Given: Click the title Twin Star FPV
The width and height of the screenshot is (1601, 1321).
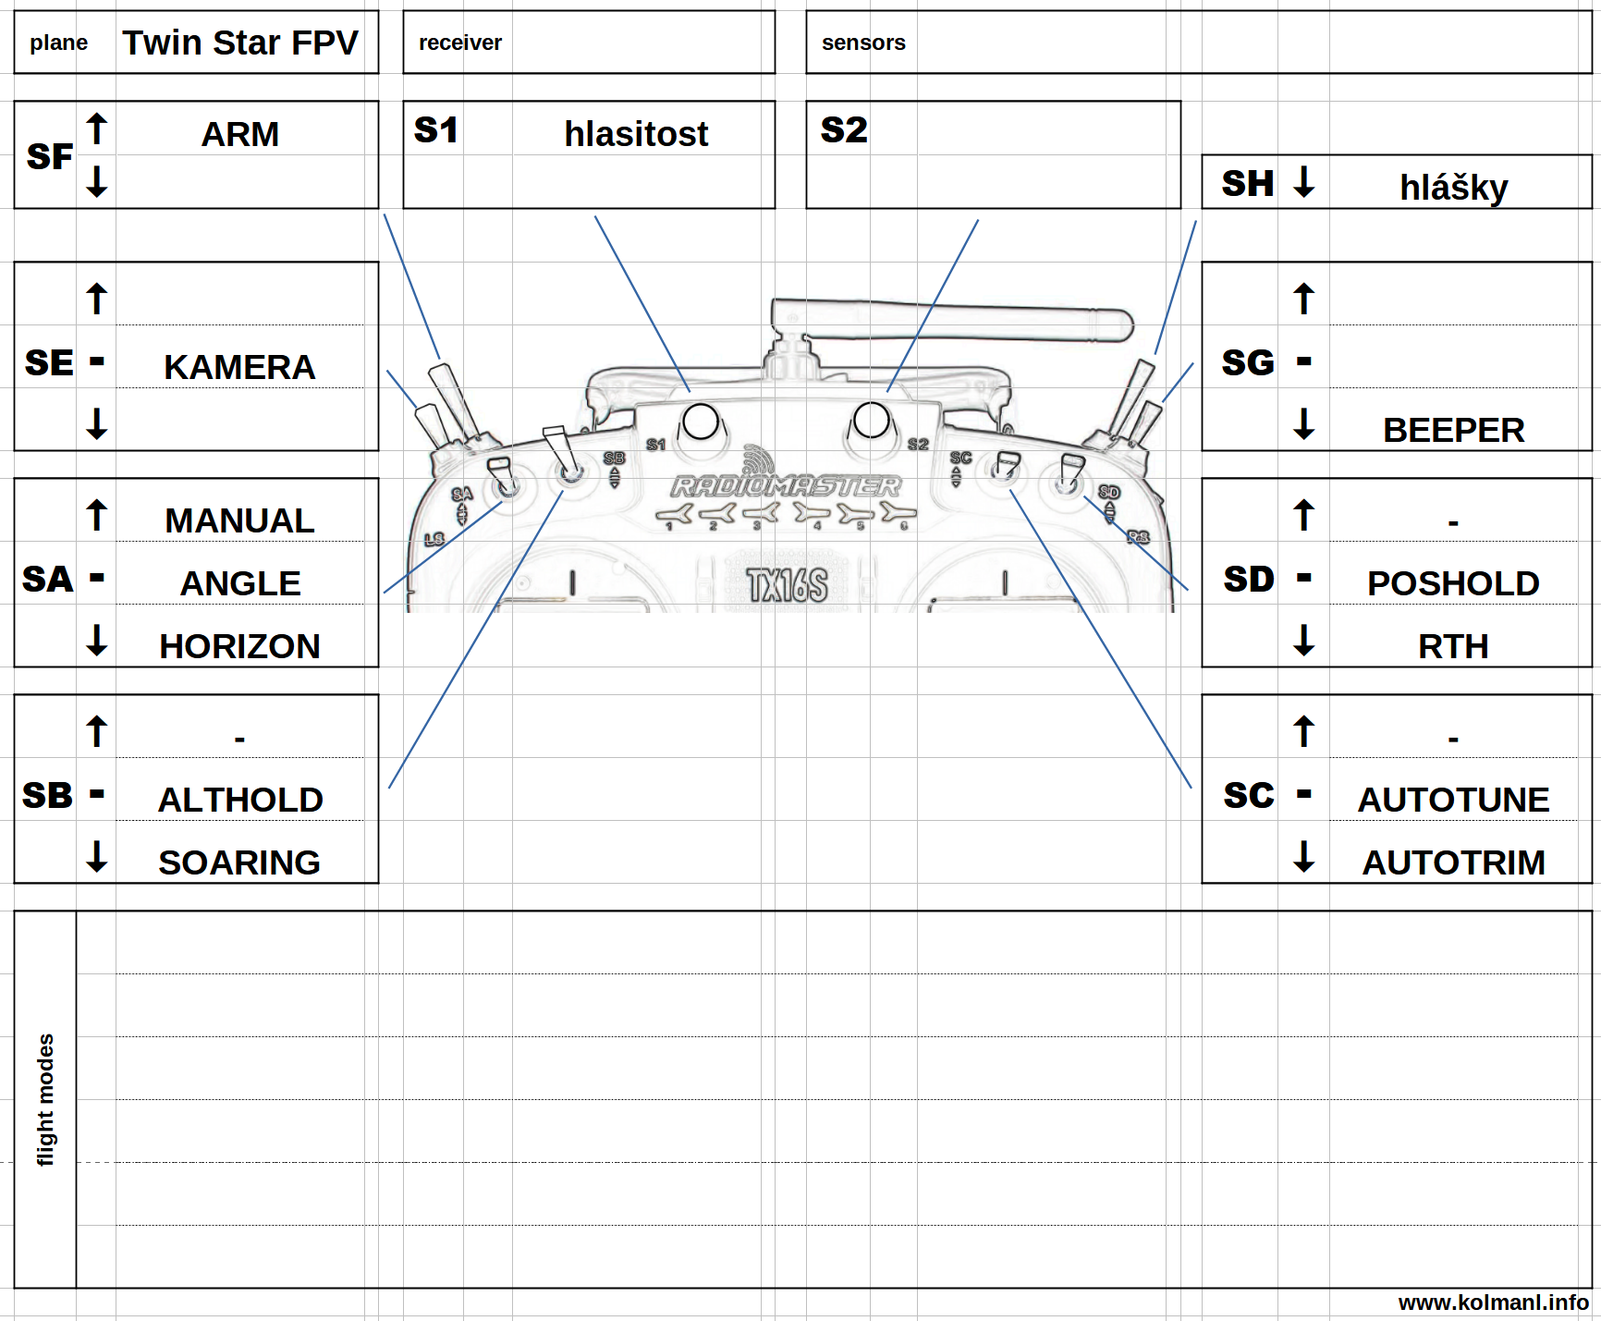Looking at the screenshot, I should click(x=240, y=43).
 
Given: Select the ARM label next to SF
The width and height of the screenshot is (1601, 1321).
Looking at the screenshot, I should click(x=240, y=134).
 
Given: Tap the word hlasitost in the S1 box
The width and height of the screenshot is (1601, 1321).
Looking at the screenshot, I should click(x=636, y=134).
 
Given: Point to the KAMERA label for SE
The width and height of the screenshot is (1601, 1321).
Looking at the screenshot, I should click(x=239, y=367).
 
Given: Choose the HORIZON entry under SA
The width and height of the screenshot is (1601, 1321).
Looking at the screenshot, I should click(x=239, y=646).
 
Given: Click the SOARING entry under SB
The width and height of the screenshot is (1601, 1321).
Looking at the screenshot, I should click(x=239, y=862).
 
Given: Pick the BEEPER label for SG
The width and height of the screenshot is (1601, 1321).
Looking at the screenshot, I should click(x=1453, y=430).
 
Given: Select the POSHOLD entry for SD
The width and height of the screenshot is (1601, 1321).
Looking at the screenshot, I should click(x=1453, y=583).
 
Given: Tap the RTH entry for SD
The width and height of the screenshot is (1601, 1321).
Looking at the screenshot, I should click(x=1453, y=646).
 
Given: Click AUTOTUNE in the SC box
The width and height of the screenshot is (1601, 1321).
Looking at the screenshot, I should click(x=1453, y=800).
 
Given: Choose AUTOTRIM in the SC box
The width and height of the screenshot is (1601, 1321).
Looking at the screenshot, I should click(x=1453, y=862).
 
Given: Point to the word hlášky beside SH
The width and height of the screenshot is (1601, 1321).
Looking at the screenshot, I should click(x=1453, y=188).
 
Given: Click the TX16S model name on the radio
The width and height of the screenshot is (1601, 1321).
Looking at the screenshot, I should click(x=788, y=585).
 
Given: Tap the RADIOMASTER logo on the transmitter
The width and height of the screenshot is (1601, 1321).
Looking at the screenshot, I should click(x=786, y=485).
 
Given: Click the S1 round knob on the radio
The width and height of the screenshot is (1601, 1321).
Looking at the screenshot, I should click(x=700, y=422).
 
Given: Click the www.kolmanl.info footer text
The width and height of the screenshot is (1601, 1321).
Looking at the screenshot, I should click(x=1493, y=1303).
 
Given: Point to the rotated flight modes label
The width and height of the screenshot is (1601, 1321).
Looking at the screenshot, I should click(x=45, y=1099).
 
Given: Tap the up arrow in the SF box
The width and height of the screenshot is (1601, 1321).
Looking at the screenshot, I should click(x=97, y=128).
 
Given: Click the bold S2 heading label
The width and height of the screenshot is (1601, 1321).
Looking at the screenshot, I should click(x=844, y=129).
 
